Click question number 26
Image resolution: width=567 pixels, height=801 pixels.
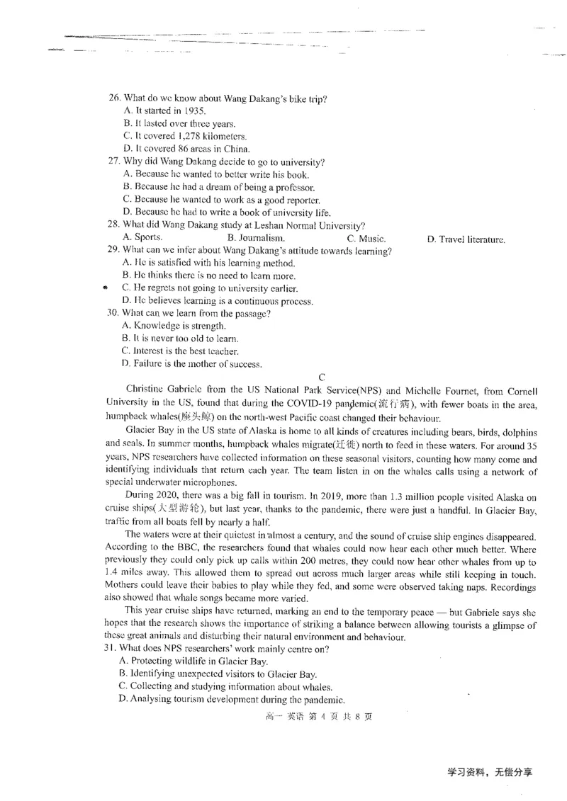[x=114, y=98]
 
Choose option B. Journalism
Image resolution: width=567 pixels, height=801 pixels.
[x=256, y=239]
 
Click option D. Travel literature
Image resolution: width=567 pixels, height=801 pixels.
[x=466, y=239]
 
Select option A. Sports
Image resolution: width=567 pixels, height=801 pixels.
[x=142, y=238]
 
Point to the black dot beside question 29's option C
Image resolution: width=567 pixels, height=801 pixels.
[x=104, y=288]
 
